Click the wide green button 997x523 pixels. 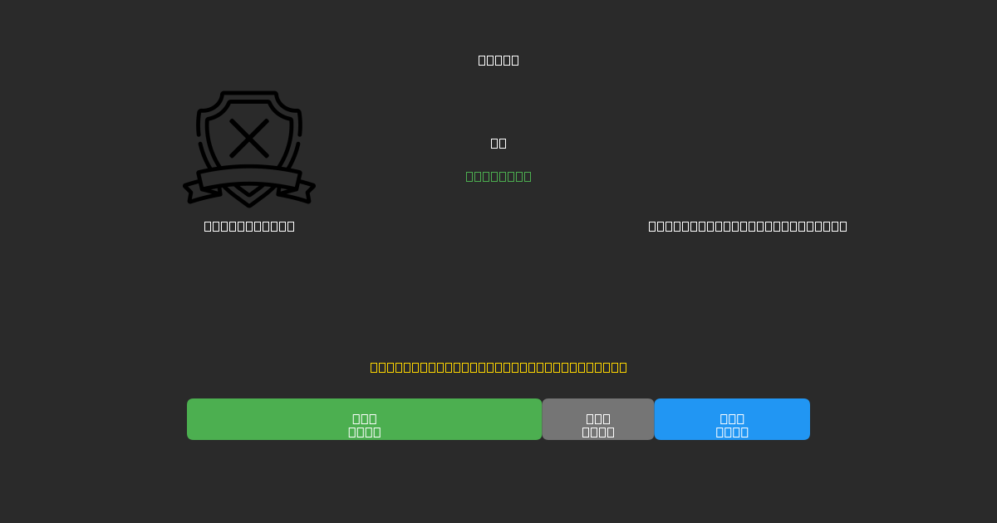(x=364, y=419)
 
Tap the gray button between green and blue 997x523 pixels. (x=598, y=419)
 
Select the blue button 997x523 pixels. (x=732, y=419)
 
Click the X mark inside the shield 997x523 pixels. (x=249, y=138)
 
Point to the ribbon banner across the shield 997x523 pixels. (x=249, y=178)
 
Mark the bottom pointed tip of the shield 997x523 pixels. (x=249, y=204)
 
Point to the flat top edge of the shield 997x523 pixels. (x=249, y=94)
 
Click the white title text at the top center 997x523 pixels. (x=498, y=60)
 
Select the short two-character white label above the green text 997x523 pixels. (x=498, y=143)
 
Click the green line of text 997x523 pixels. (x=498, y=176)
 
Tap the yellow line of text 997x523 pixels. (x=498, y=367)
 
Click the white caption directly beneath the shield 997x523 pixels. (x=249, y=226)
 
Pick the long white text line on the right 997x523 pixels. (x=748, y=226)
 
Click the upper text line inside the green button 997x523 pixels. (x=365, y=418)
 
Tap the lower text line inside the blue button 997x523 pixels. (x=732, y=432)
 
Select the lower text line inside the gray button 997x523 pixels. (x=598, y=432)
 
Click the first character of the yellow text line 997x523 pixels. (x=375, y=367)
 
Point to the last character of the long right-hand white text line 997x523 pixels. (x=842, y=226)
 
